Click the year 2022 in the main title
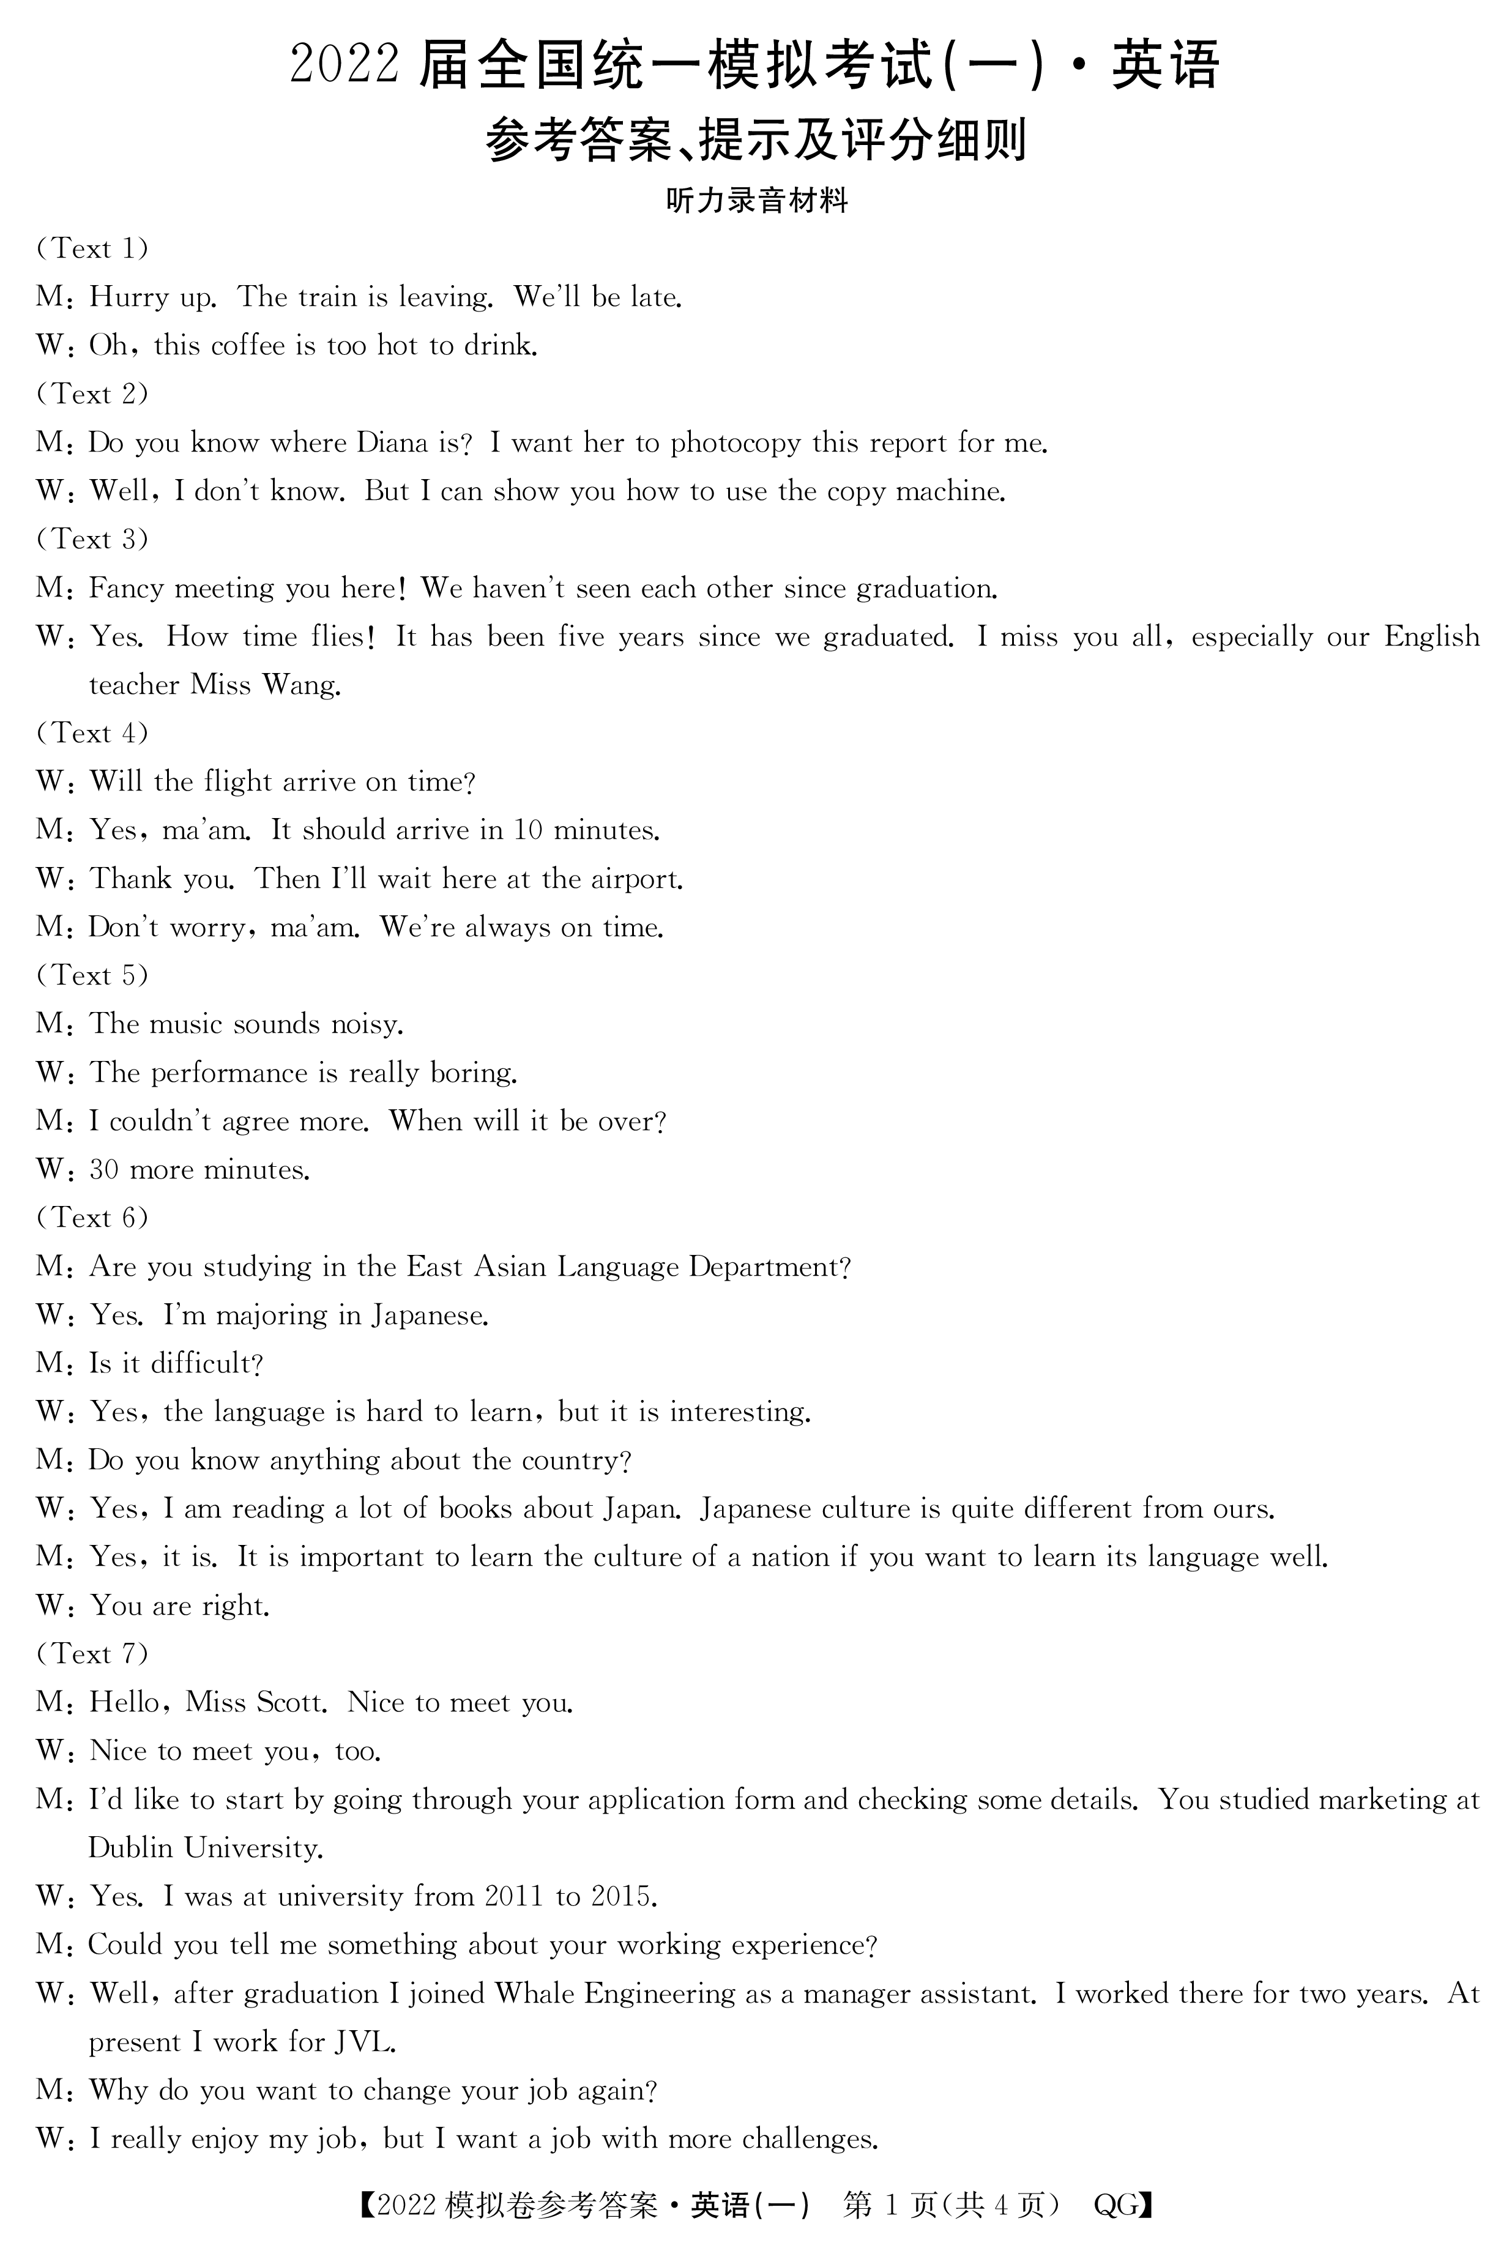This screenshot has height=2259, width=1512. [x=344, y=65]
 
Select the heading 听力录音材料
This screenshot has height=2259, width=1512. [x=756, y=201]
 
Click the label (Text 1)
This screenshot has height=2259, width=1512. [x=92, y=249]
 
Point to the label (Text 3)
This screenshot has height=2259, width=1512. [x=92, y=539]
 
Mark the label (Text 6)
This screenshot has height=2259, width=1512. [x=92, y=1218]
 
